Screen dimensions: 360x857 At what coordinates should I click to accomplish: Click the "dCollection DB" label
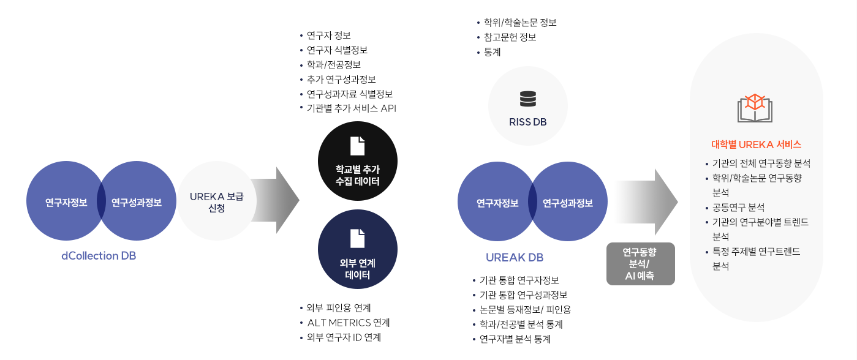[x=99, y=256]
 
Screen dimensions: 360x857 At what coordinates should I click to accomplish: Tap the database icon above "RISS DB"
[x=527, y=98]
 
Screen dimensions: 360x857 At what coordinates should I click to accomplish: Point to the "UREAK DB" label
[x=515, y=258]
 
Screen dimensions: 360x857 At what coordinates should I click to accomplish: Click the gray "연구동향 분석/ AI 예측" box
[x=640, y=264]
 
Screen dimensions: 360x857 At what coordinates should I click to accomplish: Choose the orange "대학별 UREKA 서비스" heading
[x=756, y=145]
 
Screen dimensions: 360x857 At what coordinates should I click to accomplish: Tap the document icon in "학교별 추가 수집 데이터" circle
[x=357, y=146]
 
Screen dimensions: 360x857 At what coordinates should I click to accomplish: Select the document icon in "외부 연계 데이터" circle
[x=357, y=238]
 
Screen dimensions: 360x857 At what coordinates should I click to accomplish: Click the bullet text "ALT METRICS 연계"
[x=348, y=323]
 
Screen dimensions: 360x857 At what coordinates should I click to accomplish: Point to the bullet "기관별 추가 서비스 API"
[x=352, y=109]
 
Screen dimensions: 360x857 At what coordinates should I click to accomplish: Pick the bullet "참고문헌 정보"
[x=510, y=37]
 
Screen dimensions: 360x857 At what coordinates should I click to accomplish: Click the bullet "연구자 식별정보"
[x=337, y=50]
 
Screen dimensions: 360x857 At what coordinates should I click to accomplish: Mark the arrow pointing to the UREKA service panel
[x=646, y=202]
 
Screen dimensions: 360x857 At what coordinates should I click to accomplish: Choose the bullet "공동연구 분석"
[x=738, y=207]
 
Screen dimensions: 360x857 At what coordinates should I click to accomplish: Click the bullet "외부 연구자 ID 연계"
[x=344, y=337]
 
